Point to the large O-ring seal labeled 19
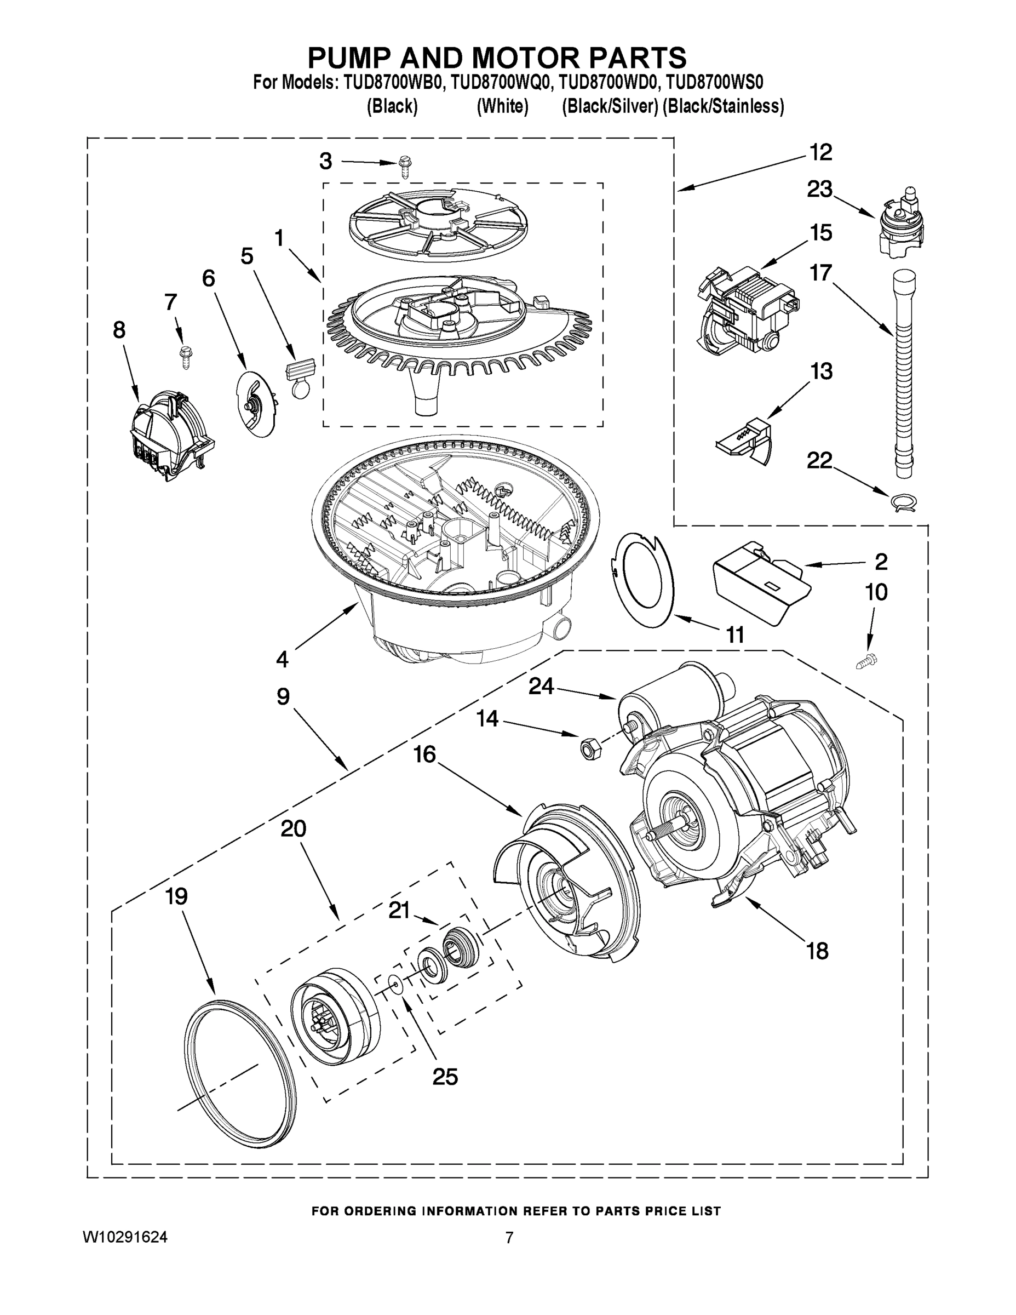click(x=239, y=1078)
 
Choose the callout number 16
click(x=424, y=753)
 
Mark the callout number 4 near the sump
click(x=282, y=659)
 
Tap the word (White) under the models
click(x=502, y=107)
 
